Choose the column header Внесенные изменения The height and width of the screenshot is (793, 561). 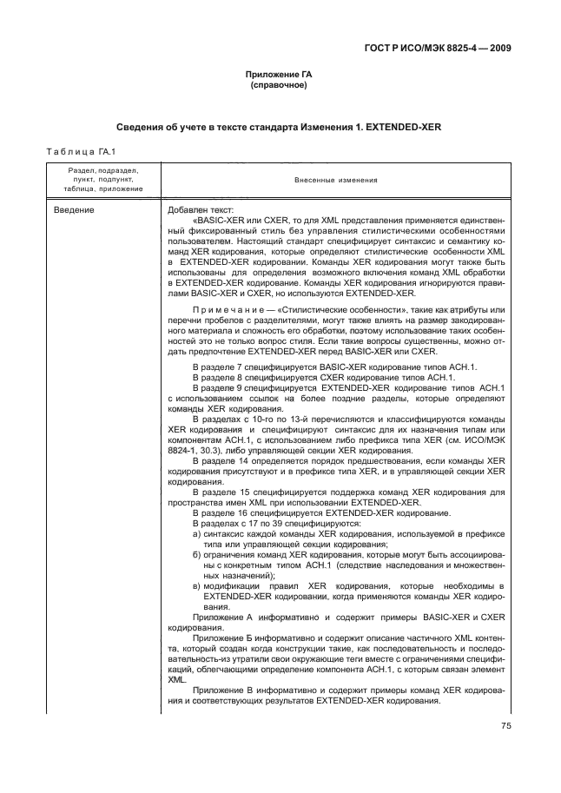(x=335, y=181)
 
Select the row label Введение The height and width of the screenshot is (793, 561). (x=75, y=210)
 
